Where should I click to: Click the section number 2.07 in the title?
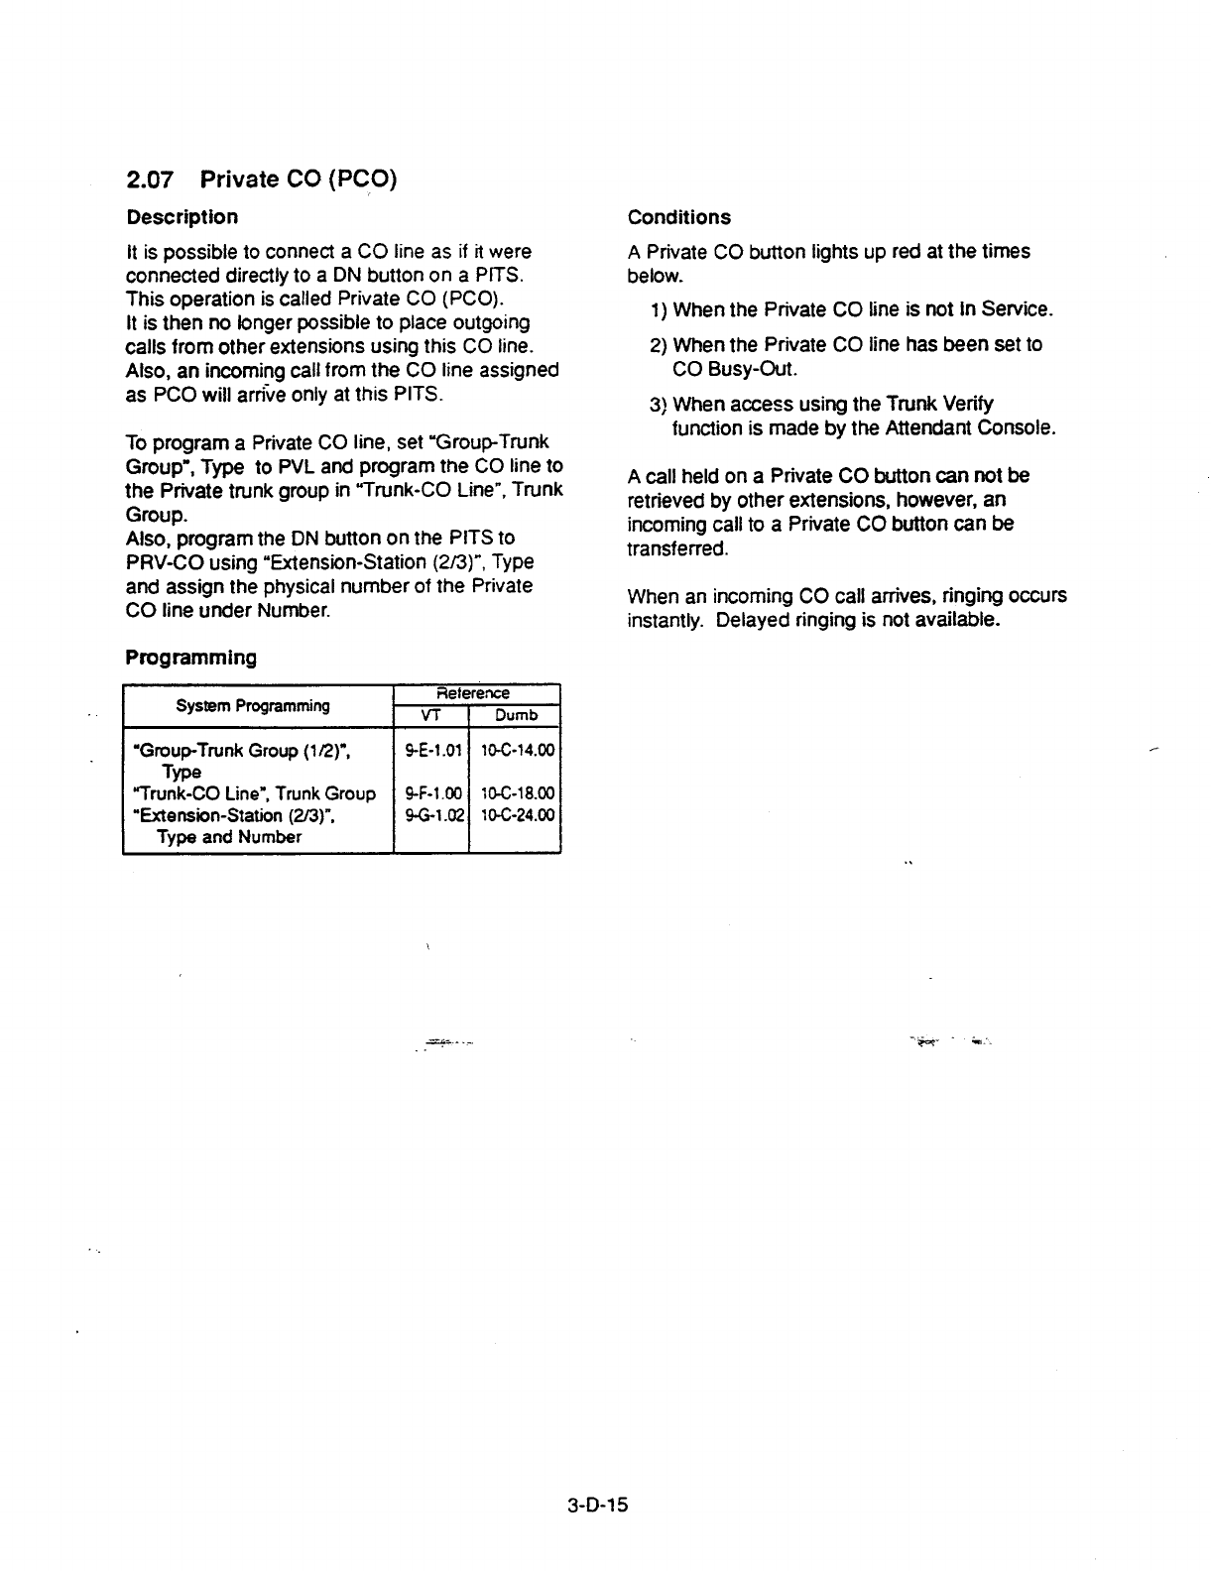[x=151, y=180]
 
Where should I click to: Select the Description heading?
[x=182, y=217]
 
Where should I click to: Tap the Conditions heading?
[x=678, y=217]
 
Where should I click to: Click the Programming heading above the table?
[x=190, y=658]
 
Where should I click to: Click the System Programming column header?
[x=253, y=705]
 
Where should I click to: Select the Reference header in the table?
[x=477, y=693]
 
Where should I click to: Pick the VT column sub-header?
[x=429, y=715]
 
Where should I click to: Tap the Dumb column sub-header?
[x=516, y=715]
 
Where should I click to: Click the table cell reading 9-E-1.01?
[x=430, y=750]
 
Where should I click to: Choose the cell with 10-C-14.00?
[x=517, y=750]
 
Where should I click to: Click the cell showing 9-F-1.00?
[x=430, y=793]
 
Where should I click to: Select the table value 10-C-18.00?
[x=517, y=793]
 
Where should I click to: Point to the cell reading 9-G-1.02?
[x=430, y=815]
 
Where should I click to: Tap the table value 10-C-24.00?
[x=517, y=815]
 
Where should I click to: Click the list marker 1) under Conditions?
[x=660, y=310]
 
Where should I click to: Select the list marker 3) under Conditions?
[x=660, y=405]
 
